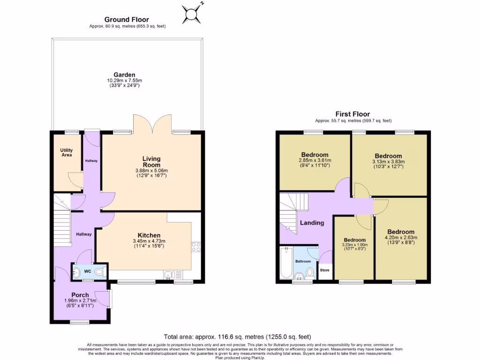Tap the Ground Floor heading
click(127, 20)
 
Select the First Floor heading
click(352, 114)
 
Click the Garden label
click(124, 75)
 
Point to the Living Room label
click(151, 162)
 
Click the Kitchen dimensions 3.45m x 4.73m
click(149, 241)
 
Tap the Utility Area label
click(67, 152)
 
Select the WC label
click(88, 271)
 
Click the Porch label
click(80, 295)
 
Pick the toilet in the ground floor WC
click(99, 272)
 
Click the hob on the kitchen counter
click(196, 247)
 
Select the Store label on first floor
click(324, 270)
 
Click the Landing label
click(312, 223)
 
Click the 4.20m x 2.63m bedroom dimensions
click(401, 237)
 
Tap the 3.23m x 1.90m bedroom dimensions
click(354, 244)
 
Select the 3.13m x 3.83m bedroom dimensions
click(388, 162)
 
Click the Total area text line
click(237, 337)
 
